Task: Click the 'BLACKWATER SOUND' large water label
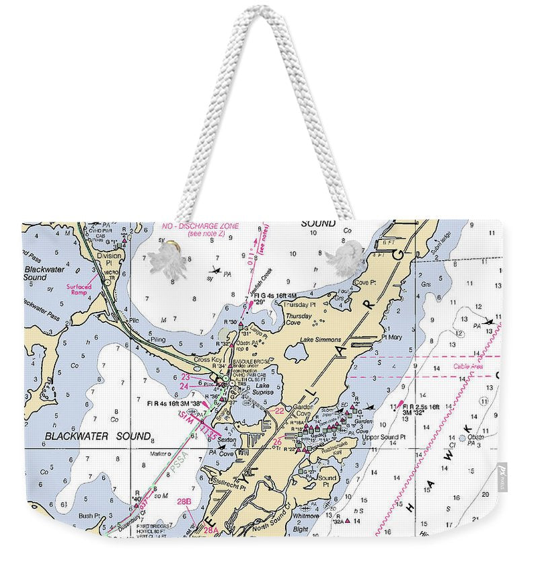[x=98, y=436]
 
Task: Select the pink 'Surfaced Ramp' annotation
[x=79, y=289]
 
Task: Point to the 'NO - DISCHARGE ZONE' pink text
[x=200, y=227]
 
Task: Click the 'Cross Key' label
[x=206, y=360]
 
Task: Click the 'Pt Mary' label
[x=390, y=337]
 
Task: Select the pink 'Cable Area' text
[x=468, y=366]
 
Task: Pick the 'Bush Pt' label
[x=89, y=516]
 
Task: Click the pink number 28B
[x=184, y=501]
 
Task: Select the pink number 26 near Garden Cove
[x=278, y=441]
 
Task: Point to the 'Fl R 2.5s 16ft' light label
[x=422, y=408]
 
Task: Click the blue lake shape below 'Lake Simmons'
[x=295, y=353]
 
